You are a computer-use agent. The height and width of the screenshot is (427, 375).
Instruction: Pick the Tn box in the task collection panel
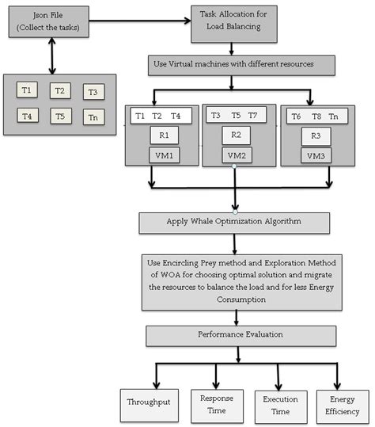(x=95, y=116)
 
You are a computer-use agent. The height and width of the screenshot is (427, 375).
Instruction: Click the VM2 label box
(x=236, y=154)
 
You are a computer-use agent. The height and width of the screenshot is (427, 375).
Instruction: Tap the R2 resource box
(x=236, y=135)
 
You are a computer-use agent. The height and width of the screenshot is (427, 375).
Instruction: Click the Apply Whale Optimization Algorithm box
(x=234, y=223)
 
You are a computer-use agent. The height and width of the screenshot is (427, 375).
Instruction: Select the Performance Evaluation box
(x=234, y=335)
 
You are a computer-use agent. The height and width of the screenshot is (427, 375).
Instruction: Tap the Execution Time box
(x=279, y=402)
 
